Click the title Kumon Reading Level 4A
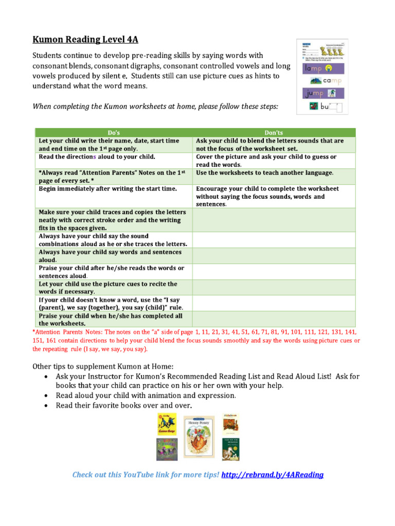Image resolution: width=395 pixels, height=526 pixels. tap(85, 40)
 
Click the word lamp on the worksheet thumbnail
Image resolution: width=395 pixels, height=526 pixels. tap(314, 68)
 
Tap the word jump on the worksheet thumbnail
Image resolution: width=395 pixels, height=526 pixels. tap(314, 93)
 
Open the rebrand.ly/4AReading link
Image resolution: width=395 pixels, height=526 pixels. tap(272, 475)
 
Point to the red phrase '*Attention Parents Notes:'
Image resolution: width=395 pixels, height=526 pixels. tap(68, 332)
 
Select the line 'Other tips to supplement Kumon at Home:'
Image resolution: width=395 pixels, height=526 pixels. tap(103, 366)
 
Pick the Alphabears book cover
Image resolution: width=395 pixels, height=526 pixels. tap(229, 423)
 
